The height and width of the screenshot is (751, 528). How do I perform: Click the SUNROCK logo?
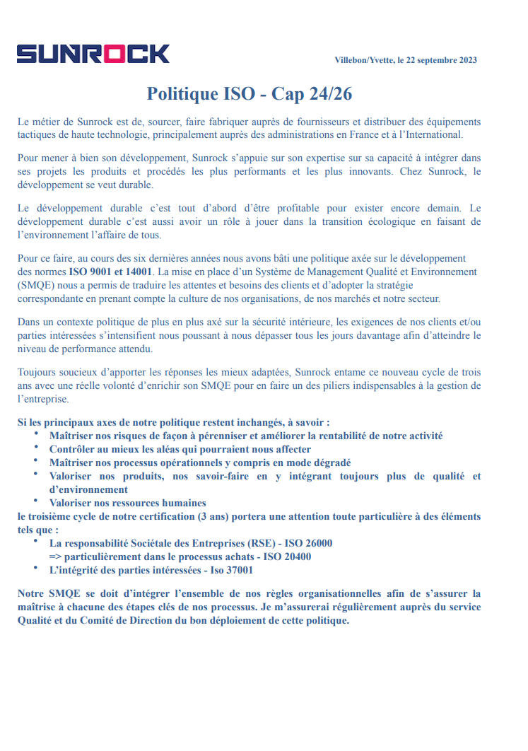pyautogui.click(x=93, y=54)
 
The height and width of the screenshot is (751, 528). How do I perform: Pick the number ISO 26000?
pyautogui.click(x=305, y=543)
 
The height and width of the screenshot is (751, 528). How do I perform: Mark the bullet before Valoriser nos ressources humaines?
pyautogui.click(x=36, y=501)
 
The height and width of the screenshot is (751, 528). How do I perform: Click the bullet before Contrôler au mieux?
pyautogui.click(x=36, y=448)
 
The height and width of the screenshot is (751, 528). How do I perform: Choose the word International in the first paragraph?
pyautogui.click(x=433, y=134)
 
